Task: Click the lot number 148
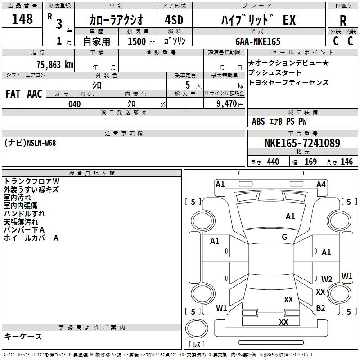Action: click(22, 18)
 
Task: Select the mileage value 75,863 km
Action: click(55, 64)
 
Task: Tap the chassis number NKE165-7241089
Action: click(302, 143)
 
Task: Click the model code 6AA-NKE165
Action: click(258, 41)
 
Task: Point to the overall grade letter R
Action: click(343, 21)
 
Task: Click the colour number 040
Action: click(75, 104)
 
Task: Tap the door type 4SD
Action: click(174, 20)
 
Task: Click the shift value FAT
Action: click(13, 94)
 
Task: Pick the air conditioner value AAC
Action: click(35, 94)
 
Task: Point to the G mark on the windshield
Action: click(284, 237)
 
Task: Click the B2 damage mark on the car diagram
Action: click(320, 308)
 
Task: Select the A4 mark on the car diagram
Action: click(321, 184)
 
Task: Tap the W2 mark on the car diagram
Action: click(327, 279)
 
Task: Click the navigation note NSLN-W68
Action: click(41, 143)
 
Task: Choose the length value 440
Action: click(273, 162)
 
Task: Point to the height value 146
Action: click(346, 162)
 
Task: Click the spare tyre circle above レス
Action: click(197, 328)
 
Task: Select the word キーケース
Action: click(23, 336)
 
